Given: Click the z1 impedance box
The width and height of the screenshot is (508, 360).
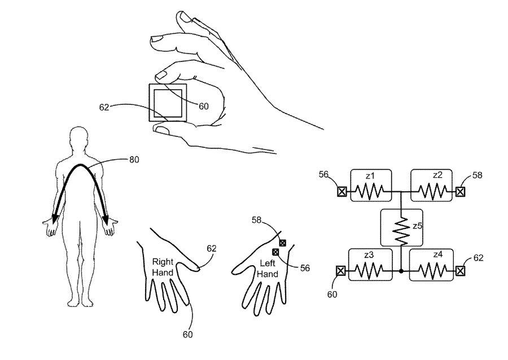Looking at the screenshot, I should (370, 185).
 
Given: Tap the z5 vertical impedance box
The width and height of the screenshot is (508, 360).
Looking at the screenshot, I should (401, 227).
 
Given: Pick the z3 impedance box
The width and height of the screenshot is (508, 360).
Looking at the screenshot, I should (370, 265).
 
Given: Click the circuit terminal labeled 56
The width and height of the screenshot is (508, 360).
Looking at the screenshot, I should (341, 192).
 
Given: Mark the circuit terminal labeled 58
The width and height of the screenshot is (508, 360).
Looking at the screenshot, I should (461, 192).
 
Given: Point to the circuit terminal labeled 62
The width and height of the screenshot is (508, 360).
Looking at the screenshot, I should (461, 271).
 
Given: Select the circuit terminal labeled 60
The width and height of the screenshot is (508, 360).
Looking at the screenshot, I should (341, 271).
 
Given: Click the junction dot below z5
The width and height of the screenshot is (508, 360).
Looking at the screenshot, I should (401, 271).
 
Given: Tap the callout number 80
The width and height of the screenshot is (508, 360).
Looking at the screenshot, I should (134, 160).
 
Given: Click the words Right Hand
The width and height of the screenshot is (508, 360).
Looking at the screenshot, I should (163, 266).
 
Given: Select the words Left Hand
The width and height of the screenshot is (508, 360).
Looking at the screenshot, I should (268, 268).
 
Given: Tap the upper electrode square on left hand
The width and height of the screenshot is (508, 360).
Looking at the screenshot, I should (283, 243).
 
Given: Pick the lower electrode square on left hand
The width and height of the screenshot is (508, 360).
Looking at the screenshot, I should (275, 252).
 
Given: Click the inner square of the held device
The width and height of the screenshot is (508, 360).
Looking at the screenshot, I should (167, 102).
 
